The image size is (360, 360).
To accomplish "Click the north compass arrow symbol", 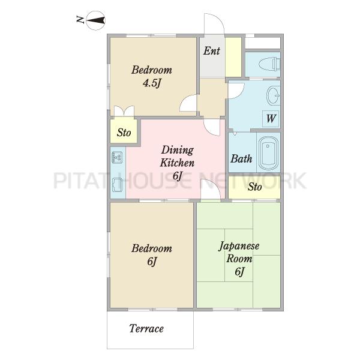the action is tap(96, 20).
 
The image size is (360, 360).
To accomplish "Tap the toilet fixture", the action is tap(269, 64).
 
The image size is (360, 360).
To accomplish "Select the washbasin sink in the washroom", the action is tap(273, 95).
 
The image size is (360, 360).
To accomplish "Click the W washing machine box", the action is tap(271, 119).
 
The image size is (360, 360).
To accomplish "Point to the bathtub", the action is tap(268, 152).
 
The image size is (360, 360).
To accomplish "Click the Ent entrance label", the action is tap(211, 51).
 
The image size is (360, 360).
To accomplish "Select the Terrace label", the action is tap(146, 329).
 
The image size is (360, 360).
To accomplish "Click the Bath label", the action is tap(241, 158).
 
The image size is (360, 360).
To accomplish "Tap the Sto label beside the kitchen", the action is tap(124, 133).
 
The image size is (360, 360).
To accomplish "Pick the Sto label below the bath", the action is tap(254, 187).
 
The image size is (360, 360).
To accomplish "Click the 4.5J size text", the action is tap(151, 83).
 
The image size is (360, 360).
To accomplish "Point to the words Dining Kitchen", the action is tap(177, 157).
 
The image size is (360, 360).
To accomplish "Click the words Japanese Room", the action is tap(239, 252).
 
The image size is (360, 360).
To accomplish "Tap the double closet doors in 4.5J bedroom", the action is tap(124, 110).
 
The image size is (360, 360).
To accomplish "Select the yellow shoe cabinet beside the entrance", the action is tap(233, 57).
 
